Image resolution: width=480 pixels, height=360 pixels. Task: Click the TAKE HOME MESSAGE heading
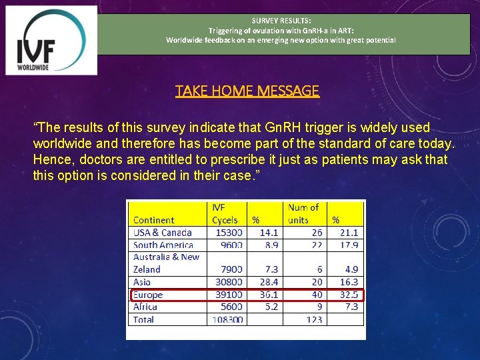pyautogui.click(x=247, y=91)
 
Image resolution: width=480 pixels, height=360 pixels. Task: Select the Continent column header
pyautogui.click(x=154, y=220)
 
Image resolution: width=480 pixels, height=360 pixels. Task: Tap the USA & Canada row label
pyautogui.click(x=163, y=233)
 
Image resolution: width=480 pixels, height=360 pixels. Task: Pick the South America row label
pyautogui.click(x=164, y=245)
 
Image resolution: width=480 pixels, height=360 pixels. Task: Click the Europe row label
pyautogui.click(x=148, y=295)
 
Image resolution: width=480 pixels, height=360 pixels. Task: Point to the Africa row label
pyautogui.click(x=145, y=307)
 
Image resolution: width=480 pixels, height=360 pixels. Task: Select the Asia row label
pyautogui.click(x=142, y=282)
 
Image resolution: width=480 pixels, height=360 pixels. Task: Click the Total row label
pyautogui.click(x=143, y=320)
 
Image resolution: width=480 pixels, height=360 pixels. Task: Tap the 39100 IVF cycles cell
pyautogui.click(x=229, y=295)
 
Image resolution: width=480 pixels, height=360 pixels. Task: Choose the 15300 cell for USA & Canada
pyautogui.click(x=229, y=233)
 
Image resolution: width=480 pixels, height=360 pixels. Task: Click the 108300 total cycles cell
pyautogui.click(x=227, y=320)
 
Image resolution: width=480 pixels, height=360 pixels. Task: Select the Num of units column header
pyautogui.click(x=303, y=213)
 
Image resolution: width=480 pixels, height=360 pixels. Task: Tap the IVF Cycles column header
pyautogui.click(x=225, y=213)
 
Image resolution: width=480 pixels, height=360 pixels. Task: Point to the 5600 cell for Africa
pyautogui.click(x=231, y=307)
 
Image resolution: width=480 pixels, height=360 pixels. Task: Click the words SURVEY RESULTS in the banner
pyautogui.click(x=281, y=21)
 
